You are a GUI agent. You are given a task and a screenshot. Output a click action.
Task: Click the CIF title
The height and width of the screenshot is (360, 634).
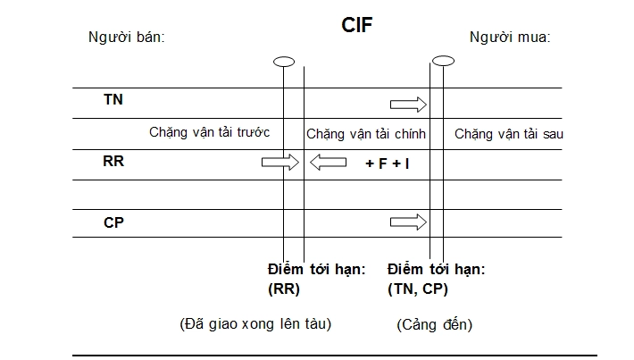pos(356,23)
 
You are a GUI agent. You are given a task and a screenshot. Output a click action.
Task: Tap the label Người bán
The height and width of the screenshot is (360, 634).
pos(127,38)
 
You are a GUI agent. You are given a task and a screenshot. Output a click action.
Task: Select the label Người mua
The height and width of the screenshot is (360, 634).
pos(510,38)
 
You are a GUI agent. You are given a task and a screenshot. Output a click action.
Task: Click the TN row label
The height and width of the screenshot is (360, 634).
pos(113,99)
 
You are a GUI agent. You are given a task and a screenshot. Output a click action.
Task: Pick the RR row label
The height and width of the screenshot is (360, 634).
pos(113,162)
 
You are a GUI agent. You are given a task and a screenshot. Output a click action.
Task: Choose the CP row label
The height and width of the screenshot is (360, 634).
pos(113,222)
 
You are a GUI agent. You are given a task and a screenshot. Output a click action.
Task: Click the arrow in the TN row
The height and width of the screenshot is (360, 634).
pos(409,105)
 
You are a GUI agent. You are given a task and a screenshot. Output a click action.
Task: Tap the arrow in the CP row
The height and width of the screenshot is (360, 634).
pos(409,222)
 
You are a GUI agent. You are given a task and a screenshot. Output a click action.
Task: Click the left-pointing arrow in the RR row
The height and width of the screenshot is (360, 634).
pos(328,162)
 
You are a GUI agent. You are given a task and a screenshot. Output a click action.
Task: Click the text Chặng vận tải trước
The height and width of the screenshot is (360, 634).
pos(210,132)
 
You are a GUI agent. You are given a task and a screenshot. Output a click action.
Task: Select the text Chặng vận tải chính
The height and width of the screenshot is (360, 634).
pos(366,134)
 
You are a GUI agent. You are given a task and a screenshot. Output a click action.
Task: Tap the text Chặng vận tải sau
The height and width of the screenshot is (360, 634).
pos(508,134)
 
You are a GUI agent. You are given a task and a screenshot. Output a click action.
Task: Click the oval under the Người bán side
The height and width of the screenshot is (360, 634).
pos(284,62)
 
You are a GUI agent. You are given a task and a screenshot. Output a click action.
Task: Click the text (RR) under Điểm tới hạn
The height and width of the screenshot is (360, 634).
pos(284,289)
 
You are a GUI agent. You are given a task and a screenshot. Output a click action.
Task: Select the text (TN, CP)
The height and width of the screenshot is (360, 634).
pos(418,289)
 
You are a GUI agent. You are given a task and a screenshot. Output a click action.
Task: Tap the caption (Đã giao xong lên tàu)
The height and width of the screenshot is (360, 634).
pos(255,323)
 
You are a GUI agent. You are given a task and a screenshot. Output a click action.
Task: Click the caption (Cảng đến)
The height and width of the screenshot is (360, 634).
pos(434,325)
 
